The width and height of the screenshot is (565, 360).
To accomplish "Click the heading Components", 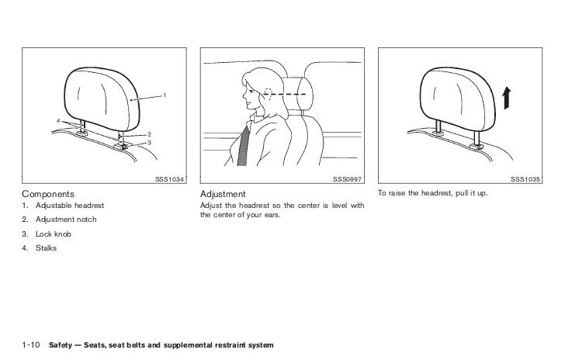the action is coord(48,194).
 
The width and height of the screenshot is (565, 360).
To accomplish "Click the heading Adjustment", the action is coord(223,194).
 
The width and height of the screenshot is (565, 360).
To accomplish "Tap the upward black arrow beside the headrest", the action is coord(507,98).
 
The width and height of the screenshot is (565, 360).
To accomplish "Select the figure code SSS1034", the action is coord(169,179).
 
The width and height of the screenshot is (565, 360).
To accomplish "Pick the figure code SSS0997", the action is coord(347,179).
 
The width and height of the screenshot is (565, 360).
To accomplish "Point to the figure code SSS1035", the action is coord(525,179).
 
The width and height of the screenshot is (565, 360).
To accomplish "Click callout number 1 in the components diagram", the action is coord(165,95).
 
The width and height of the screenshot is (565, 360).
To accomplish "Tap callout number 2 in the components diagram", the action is coord(149,134).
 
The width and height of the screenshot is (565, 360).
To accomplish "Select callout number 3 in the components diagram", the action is coord(149,143).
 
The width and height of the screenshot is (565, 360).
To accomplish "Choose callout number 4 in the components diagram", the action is coord(58,121).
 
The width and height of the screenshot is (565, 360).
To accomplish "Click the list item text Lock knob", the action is coord(54,234).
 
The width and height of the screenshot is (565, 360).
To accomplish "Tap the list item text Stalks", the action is coord(46,248).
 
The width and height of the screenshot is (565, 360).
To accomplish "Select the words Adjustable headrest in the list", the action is coord(70,206).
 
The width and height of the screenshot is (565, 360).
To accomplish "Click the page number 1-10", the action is coord(31,344).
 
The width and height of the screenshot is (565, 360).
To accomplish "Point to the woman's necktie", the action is coord(244,147).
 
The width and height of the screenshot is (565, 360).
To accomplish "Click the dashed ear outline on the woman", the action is coord(268,93).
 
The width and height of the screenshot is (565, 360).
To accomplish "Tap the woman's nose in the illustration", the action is coord(244,96).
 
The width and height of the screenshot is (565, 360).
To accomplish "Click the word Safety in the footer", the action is coord(61,345).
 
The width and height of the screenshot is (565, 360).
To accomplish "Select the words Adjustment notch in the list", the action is coord(66,220).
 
